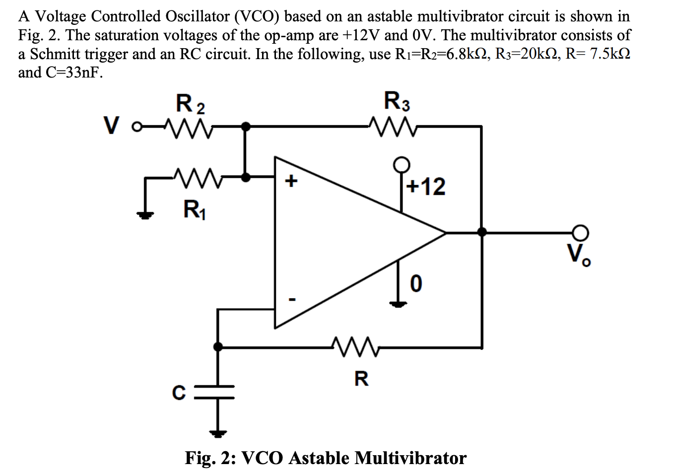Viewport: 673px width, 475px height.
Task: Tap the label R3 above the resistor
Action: [x=397, y=101]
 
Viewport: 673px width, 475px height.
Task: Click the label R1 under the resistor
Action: [x=195, y=209]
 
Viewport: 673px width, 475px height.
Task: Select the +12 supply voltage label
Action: [x=426, y=186]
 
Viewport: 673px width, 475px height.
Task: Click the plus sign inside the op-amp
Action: [x=291, y=180]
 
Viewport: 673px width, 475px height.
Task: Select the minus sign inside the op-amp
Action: [x=292, y=300]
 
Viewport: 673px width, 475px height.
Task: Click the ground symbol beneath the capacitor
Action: [x=217, y=433]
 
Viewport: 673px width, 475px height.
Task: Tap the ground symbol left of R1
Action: [x=145, y=215]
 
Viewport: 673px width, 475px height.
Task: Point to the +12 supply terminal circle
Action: [x=402, y=163]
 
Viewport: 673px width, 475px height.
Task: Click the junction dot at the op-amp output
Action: [x=481, y=232]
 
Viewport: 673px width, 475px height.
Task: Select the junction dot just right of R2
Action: [x=245, y=127]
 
